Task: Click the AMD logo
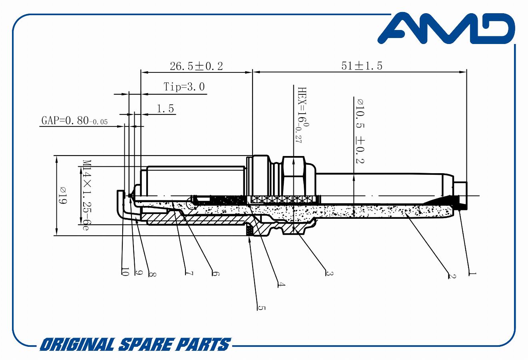coord(446,28)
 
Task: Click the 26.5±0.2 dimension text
coord(196,66)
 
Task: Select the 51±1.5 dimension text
coord(362,66)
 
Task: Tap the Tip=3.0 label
coord(184,87)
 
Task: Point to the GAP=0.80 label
coord(74,120)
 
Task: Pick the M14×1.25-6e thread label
coord(87,195)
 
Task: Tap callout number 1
coord(472,274)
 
